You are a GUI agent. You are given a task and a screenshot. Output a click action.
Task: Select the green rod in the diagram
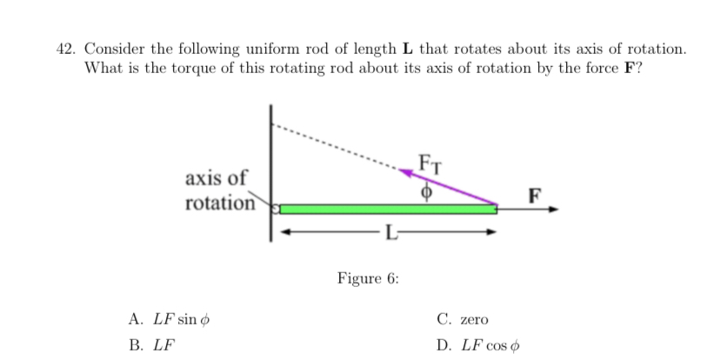(x=387, y=209)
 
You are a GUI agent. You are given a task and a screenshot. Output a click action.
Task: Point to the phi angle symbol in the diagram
(x=426, y=191)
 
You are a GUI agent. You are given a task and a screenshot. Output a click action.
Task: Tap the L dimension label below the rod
(x=391, y=233)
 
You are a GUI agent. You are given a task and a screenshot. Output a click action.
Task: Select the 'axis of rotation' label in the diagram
(x=217, y=190)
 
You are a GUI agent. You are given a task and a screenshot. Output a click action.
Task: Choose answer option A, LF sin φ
(x=170, y=319)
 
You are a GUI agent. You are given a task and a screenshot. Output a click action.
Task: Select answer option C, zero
(x=463, y=319)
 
